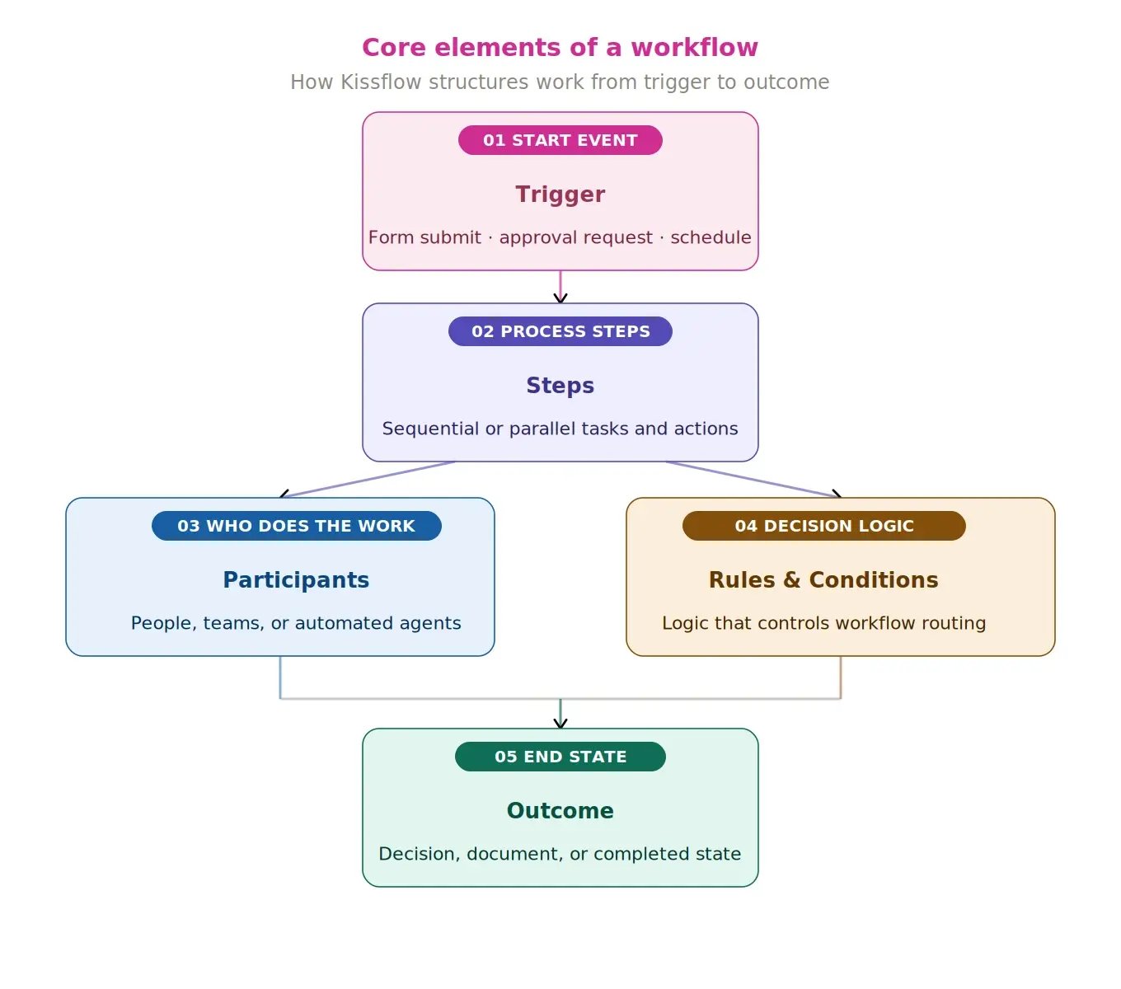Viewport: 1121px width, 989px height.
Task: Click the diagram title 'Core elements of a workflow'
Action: [560, 48]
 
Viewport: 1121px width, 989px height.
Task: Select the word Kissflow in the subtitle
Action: [381, 82]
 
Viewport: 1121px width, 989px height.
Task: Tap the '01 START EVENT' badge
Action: [560, 140]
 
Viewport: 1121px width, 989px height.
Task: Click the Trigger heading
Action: [560, 195]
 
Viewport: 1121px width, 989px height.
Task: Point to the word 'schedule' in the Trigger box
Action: [710, 237]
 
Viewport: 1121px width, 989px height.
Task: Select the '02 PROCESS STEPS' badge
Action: [560, 331]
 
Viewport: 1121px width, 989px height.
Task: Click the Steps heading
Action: [560, 386]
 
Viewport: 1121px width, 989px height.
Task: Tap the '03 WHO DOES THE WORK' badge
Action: [296, 526]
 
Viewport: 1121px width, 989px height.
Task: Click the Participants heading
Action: [296, 580]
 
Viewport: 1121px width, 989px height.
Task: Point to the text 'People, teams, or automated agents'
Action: [296, 623]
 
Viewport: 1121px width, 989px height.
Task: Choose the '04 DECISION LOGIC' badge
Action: [823, 526]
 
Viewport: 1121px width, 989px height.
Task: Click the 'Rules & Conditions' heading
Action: [823, 580]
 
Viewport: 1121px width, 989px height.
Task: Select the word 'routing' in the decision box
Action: [954, 623]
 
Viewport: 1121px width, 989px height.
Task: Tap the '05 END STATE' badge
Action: [560, 757]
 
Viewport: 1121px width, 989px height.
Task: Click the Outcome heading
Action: [560, 811]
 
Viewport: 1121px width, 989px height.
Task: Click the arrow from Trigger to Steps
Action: [560, 286]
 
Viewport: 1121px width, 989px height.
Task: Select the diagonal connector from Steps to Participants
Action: [368, 480]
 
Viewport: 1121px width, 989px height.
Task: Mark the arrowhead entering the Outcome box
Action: [560, 724]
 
